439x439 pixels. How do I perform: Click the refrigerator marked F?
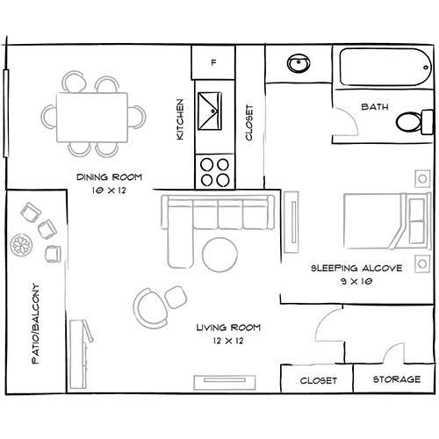[x=213, y=63]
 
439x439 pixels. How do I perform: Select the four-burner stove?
[x=213, y=169]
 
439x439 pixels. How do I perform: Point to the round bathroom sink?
[x=298, y=64]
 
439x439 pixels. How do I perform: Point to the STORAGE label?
[x=395, y=381]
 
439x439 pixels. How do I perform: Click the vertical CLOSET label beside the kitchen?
[x=249, y=123]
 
